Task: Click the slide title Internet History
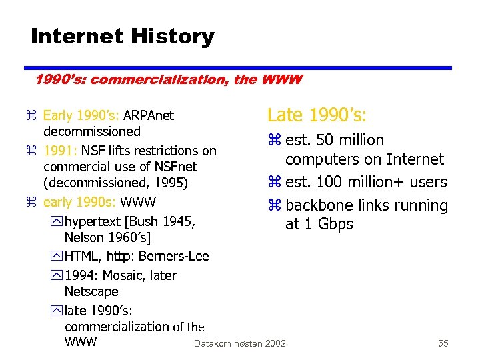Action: point(122,36)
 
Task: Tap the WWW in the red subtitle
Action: point(283,80)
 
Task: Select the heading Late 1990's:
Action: point(316,115)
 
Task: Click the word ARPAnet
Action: point(149,115)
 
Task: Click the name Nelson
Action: point(85,237)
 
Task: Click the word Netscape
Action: point(91,291)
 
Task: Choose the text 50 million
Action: point(351,140)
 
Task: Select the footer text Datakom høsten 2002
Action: point(239,343)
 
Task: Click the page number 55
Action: point(443,343)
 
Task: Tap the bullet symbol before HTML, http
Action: point(56,257)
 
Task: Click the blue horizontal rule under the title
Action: point(237,67)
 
